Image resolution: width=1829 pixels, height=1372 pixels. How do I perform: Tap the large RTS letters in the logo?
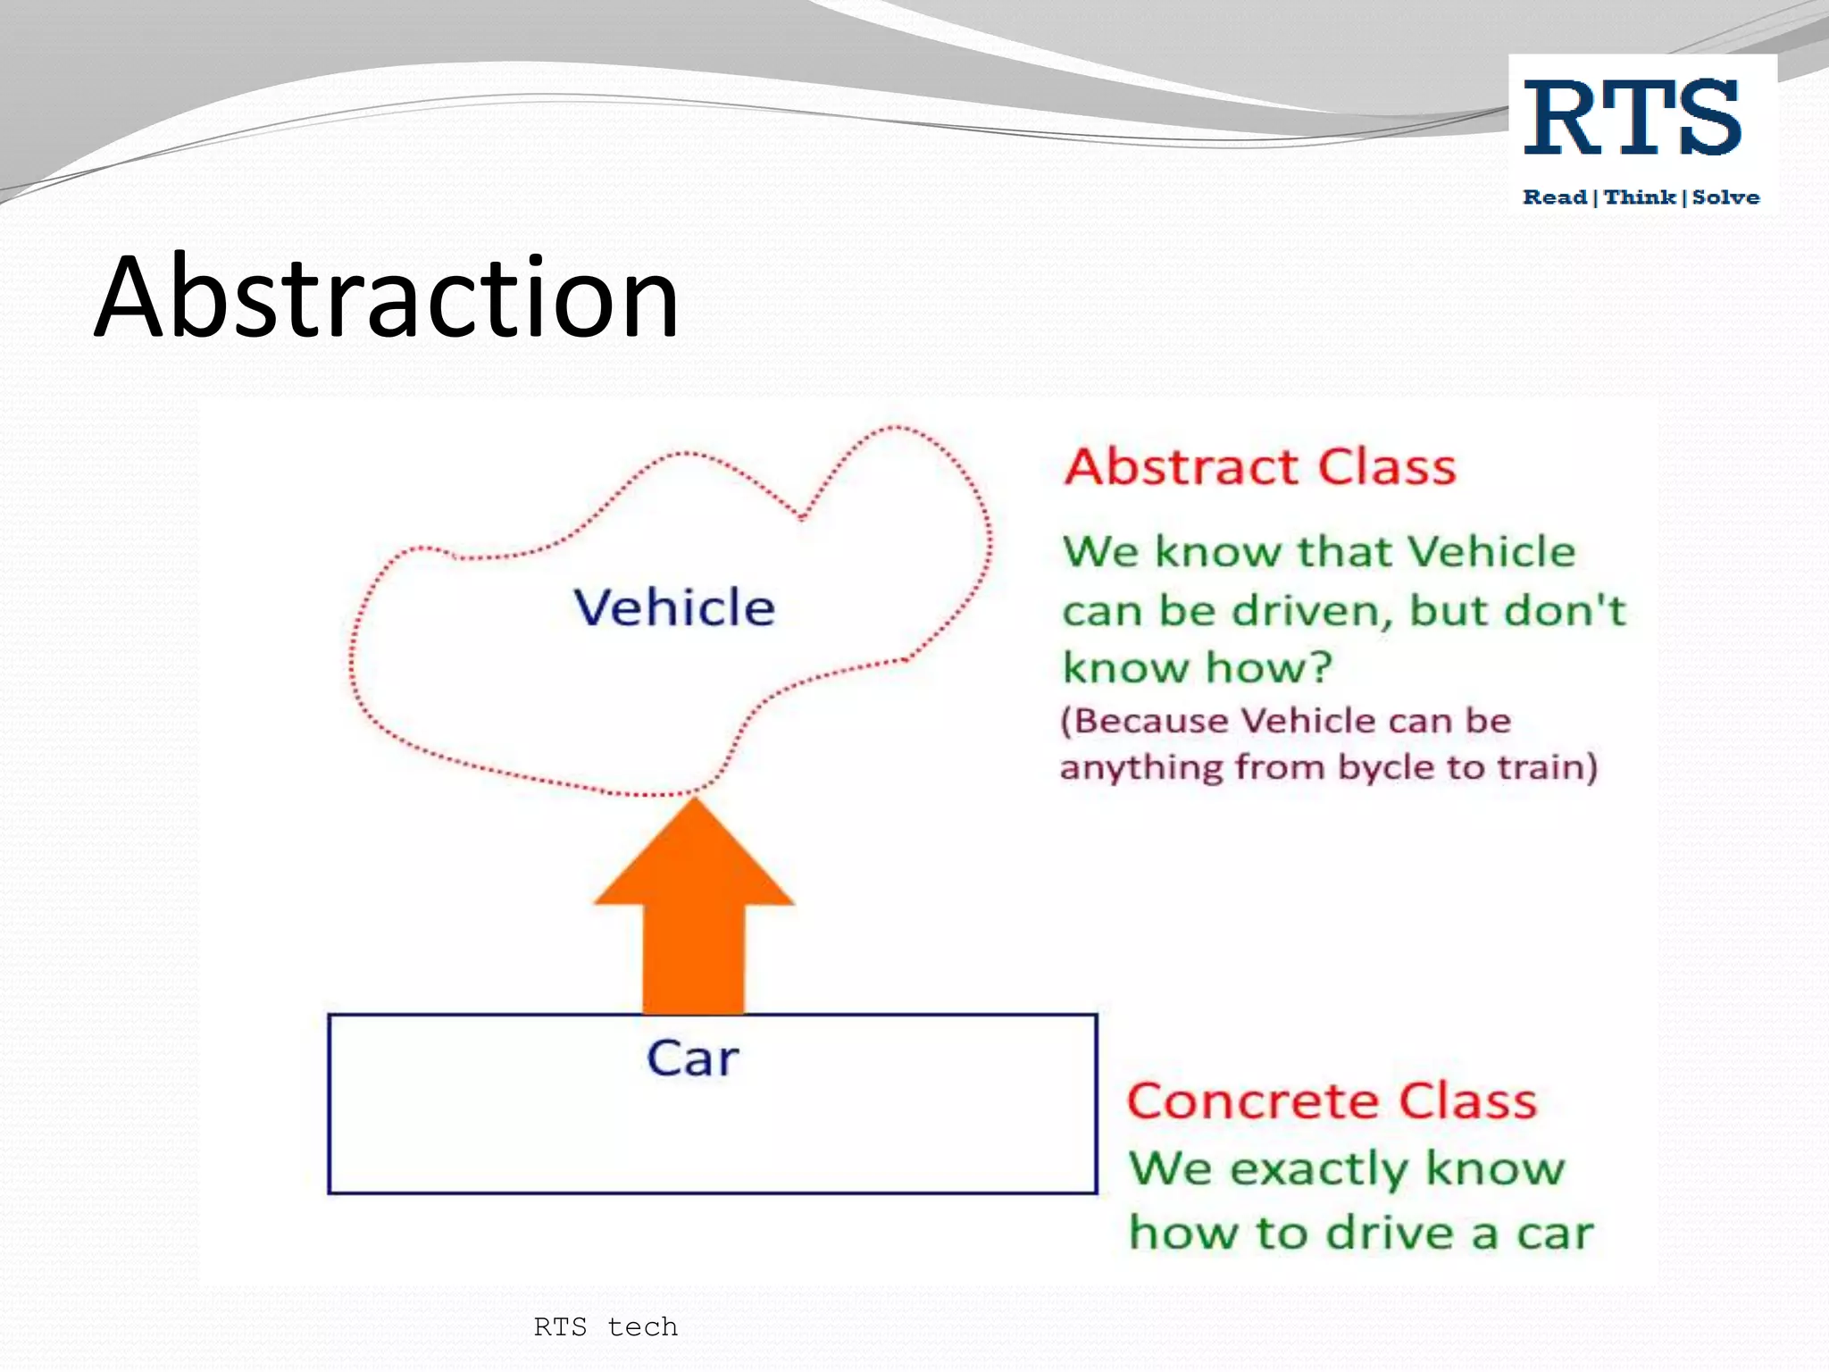click(1633, 117)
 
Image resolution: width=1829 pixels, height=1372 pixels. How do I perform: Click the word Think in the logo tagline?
click(1640, 197)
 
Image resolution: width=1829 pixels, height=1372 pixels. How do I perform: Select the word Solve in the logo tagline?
click(1725, 197)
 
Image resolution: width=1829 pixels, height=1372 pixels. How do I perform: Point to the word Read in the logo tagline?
click(1555, 197)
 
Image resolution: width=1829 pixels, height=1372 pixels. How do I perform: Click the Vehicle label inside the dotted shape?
click(674, 607)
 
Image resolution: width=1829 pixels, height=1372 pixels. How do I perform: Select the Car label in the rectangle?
click(693, 1058)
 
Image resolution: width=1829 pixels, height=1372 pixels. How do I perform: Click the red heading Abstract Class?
click(1260, 467)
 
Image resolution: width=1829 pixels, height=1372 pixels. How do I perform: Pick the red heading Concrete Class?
click(1332, 1100)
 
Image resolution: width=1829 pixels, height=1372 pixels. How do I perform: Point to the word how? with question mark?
click(1269, 667)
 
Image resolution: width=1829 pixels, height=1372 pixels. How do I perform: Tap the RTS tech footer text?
click(605, 1326)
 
